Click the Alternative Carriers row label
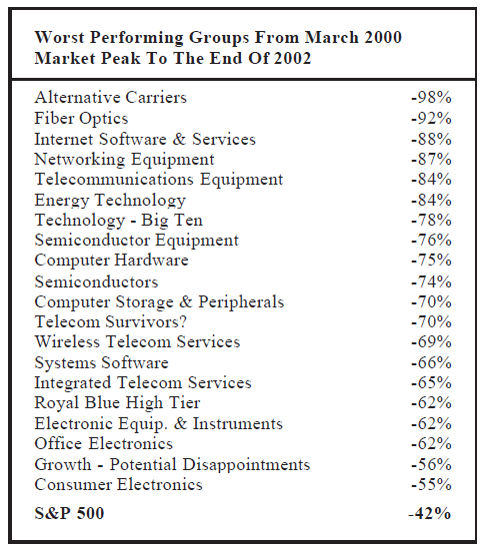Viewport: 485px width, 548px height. [110, 98]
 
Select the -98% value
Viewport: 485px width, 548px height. [431, 98]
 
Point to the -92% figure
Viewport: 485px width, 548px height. [431, 119]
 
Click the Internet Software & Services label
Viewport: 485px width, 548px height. [145, 139]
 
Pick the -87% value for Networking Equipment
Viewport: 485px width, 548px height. [431, 159]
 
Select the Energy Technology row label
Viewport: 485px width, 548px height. [110, 200]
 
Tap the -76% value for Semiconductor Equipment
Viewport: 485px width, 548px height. [431, 241]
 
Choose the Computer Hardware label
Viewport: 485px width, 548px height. [111, 261]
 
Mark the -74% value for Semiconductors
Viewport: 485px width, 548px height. [431, 281]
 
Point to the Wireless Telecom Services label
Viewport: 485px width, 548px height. [137, 341]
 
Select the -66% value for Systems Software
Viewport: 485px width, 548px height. [431, 362]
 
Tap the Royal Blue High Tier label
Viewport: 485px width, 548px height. [117, 403]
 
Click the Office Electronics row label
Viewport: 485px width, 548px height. [103, 443]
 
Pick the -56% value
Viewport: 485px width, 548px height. [431, 464]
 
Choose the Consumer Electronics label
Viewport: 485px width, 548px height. [118, 484]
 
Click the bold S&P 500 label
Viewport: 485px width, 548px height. [70, 514]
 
